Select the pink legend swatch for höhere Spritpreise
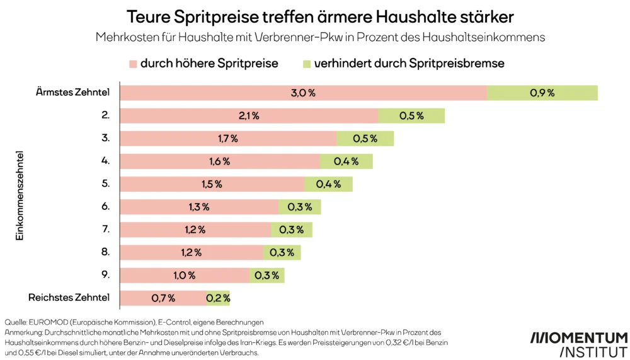pyautogui.click(x=133, y=64)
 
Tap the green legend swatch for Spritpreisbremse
pyautogui.click(x=307, y=64)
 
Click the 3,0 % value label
pyautogui.click(x=303, y=93)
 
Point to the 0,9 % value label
pyautogui.click(x=542, y=93)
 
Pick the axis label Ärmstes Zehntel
pyautogui.click(x=73, y=92)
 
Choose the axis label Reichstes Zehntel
pyautogui.click(x=69, y=298)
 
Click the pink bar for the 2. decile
pyautogui.click(x=249, y=116)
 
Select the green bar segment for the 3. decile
pyautogui.click(x=365, y=139)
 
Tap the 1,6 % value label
pyautogui.click(x=220, y=161)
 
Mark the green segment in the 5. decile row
pyautogui.click(x=328, y=184)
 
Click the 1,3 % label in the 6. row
pyautogui.click(x=198, y=207)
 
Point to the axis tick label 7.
pyautogui.click(x=106, y=229)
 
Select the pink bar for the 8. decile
pyautogui.click(x=191, y=252)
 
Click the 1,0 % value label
pyautogui.click(x=185, y=276)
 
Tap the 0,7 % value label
pyautogui.click(x=163, y=298)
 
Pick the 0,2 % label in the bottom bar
pyautogui.click(x=218, y=298)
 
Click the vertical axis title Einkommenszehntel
pyautogui.click(x=20, y=195)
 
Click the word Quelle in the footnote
pyautogui.click(x=16, y=322)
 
